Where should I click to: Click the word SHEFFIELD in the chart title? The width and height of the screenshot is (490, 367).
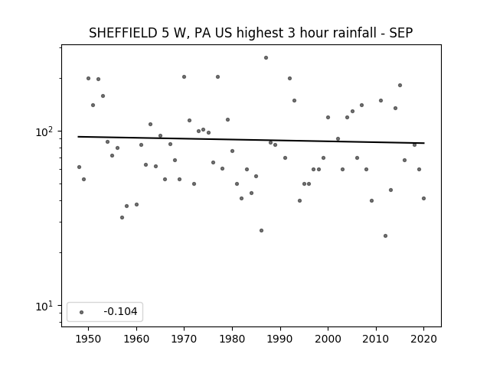pos(123,33)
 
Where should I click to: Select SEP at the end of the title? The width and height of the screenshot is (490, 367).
pos(401,33)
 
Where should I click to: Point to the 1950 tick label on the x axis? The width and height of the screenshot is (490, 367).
pos(89,339)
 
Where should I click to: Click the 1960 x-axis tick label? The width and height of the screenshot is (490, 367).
pos(136,339)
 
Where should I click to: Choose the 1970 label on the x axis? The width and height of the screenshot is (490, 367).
pos(184,339)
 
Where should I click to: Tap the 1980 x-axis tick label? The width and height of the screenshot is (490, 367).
pos(232,339)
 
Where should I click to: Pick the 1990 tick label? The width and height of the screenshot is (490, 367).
pos(280,339)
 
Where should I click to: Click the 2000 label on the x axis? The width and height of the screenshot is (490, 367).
pos(328,339)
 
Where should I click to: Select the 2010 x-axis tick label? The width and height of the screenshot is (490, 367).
pos(376,339)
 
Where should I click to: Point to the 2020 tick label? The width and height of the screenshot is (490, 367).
pos(423,339)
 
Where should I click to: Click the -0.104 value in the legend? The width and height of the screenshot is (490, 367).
pos(120,311)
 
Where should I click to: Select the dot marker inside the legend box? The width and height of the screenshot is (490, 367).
pos(82,312)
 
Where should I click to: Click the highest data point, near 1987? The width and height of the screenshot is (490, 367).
pos(266,58)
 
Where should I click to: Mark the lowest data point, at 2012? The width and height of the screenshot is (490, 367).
pos(385,236)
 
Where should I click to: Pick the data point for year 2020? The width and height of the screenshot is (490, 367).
pos(423,199)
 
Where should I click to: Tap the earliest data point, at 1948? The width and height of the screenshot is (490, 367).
pos(79,167)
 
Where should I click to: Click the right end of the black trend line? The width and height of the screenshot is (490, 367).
pos(424,143)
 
